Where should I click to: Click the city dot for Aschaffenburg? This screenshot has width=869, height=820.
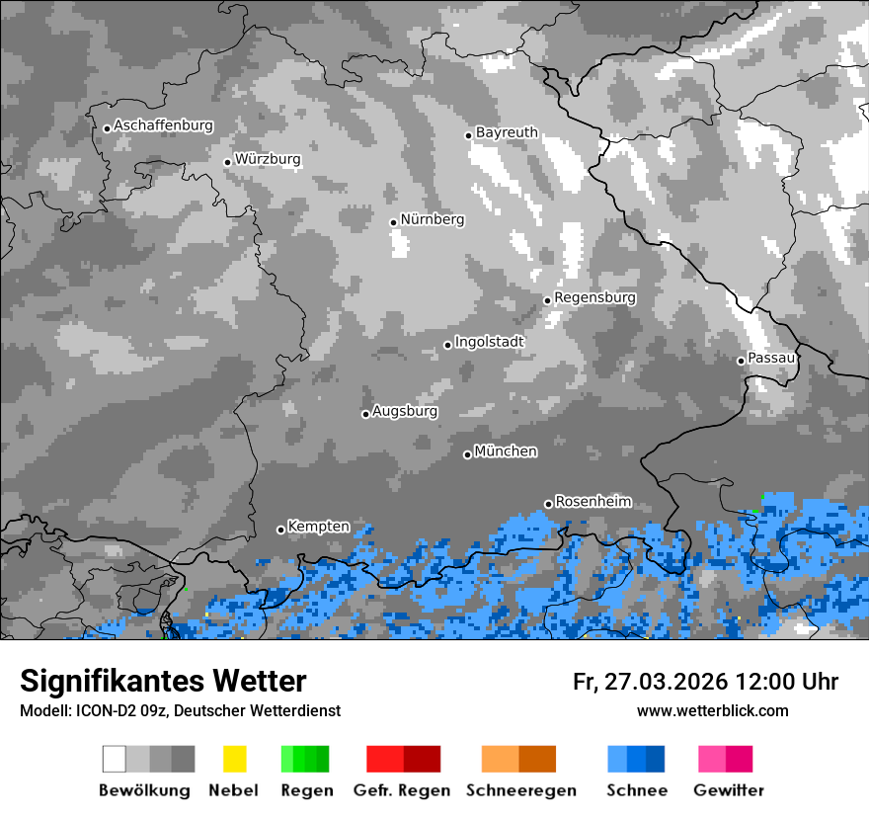[107, 127]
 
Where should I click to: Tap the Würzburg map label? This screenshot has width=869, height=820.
[268, 159]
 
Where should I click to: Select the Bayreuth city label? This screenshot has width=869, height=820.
[507, 132]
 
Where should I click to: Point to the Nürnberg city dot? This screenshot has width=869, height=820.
[393, 222]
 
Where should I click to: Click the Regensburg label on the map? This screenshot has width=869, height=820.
[594, 297]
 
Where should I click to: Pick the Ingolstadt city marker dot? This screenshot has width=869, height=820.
[447, 345]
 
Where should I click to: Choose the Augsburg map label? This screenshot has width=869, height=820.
[405, 411]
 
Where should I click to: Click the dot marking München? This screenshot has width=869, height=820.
[467, 454]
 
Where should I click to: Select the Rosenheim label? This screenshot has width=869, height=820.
[592, 501]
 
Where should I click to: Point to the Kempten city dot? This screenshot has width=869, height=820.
[280, 530]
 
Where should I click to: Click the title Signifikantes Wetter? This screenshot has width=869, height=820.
[163, 681]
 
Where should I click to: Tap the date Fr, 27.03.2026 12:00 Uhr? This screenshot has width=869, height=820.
[705, 682]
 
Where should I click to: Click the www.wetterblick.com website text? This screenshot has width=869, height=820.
[712, 710]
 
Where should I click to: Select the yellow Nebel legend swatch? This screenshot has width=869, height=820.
[234, 759]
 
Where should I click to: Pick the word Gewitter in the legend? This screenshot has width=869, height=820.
[729, 790]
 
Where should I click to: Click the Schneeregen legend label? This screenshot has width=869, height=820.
[521, 790]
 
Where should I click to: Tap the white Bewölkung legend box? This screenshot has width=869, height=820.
[115, 759]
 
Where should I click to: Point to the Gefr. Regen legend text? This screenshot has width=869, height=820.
[402, 790]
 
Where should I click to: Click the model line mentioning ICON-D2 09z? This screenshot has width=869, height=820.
[180, 710]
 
